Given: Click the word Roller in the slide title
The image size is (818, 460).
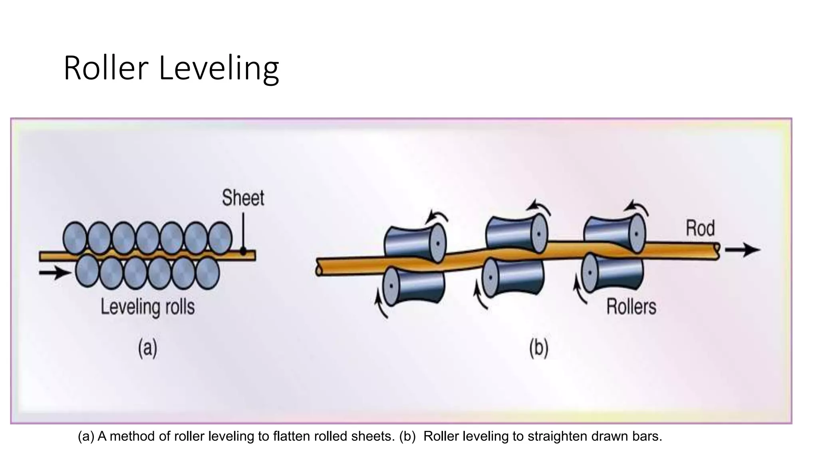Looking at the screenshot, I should [x=106, y=69].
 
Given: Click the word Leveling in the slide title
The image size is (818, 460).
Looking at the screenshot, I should [x=218, y=69].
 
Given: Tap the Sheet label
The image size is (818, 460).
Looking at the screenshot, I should [x=243, y=198].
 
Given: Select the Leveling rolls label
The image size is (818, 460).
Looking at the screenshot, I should [x=147, y=307].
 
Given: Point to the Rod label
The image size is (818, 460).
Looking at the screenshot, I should [x=700, y=228].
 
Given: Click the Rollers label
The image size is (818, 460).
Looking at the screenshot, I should [x=631, y=307].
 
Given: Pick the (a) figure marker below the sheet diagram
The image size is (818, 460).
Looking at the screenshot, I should [x=147, y=348].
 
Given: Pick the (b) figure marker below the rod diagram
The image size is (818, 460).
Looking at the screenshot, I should [x=538, y=348].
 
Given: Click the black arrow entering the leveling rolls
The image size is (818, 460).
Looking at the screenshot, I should [x=54, y=273].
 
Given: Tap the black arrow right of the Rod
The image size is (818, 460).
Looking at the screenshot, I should [x=742, y=250].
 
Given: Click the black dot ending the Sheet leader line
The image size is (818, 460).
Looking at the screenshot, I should [x=243, y=252].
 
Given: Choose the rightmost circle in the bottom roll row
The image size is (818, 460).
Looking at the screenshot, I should [x=207, y=273].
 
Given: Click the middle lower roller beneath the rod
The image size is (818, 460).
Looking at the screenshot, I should [x=513, y=279].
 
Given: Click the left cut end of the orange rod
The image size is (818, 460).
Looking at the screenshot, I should [x=319, y=270].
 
